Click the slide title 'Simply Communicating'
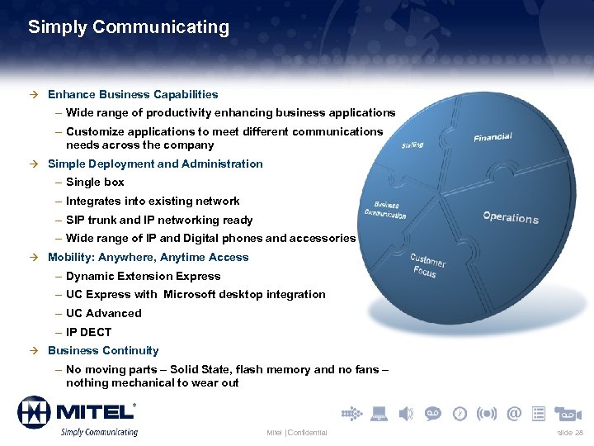129,27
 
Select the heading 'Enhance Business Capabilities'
133,94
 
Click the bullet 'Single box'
95,182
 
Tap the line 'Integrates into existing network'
153,201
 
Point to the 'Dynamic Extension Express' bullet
144,276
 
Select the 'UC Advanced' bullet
104,313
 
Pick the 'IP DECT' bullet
88,332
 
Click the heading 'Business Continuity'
103,350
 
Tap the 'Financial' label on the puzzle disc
493,137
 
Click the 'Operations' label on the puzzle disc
511,217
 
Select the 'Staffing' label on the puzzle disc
412,145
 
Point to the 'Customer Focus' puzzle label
427,265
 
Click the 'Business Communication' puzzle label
385,210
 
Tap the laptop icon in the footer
379,413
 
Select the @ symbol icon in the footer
514,413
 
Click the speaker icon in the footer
406,413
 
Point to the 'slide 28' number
569,433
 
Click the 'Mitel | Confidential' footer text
297,433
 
